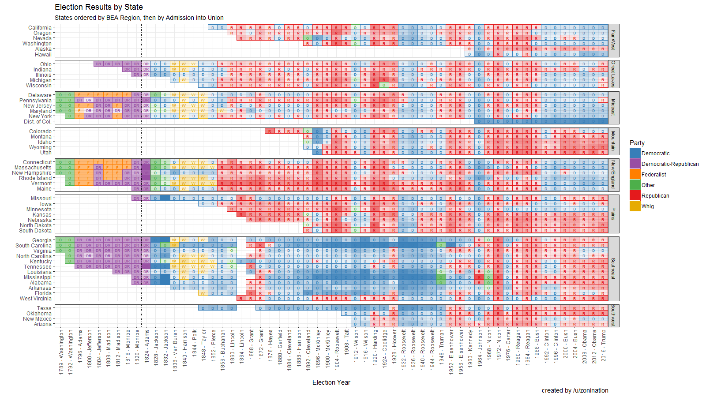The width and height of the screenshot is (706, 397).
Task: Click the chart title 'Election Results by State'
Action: [98, 7]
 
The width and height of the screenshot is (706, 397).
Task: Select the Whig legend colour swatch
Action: [635, 206]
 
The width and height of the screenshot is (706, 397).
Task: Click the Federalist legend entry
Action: [653, 175]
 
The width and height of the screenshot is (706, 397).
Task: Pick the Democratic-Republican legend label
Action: [670, 164]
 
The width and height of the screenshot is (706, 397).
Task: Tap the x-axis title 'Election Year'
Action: [331, 382]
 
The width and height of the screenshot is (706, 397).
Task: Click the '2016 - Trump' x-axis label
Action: [603, 345]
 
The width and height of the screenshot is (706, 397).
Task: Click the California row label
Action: [40, 28]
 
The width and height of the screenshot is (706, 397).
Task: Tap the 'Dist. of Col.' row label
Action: [38, 122]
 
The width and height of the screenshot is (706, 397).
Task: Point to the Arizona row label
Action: [43, 324]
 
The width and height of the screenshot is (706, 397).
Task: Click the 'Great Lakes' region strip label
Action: [613, 75]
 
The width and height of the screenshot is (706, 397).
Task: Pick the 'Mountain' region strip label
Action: [613, 141]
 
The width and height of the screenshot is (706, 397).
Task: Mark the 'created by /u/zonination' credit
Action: [575, 390]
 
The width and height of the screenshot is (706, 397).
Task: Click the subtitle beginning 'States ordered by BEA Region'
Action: [139, 18]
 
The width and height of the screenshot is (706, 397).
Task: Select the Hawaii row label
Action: [43, 55]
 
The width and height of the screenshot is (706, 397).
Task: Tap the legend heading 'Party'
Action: [637, 143]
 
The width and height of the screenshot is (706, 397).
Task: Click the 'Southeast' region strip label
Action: [613, 269]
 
